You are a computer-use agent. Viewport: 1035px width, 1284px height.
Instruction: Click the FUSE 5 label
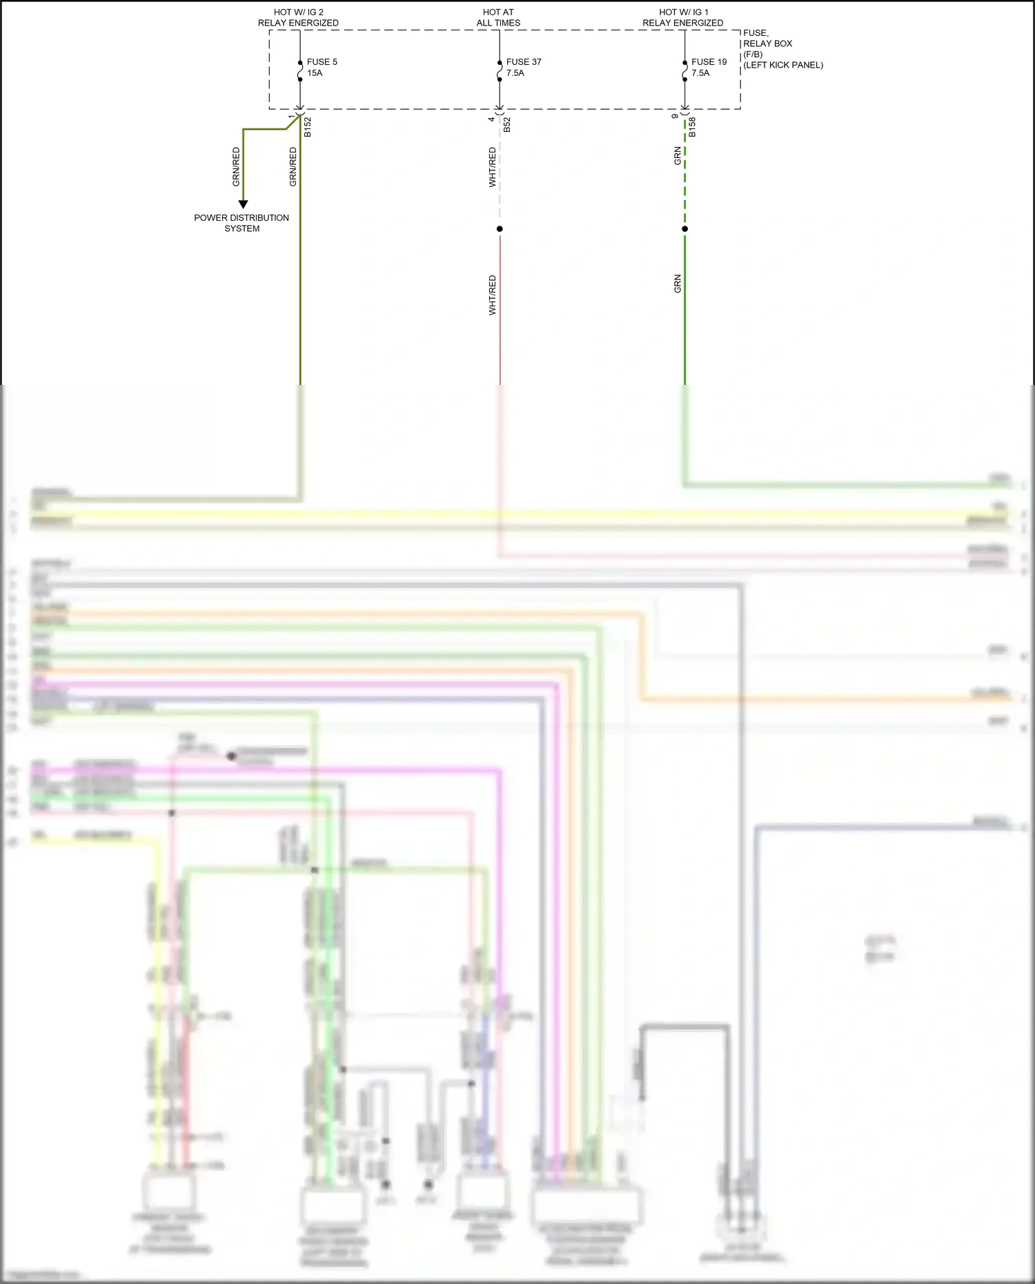(322, 62)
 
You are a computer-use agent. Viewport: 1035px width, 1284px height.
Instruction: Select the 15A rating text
(315, 73)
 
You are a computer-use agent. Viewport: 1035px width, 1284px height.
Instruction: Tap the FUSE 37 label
(524, 62)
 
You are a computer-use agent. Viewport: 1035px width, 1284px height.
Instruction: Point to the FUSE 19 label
(709, 62)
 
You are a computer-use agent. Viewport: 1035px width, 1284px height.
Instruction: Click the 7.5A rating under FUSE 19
(700, 73)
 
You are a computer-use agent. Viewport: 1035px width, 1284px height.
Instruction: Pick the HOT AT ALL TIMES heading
(498, 17)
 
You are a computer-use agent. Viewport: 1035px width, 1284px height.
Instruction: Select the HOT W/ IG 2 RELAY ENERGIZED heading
(298, 17)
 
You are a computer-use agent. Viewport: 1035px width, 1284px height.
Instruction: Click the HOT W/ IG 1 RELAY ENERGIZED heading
(683, 17)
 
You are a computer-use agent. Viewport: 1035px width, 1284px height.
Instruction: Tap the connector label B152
(308, 127)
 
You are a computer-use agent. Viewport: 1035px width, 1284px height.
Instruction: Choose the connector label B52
(507, 125)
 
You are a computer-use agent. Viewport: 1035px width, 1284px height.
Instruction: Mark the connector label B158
(692, 127)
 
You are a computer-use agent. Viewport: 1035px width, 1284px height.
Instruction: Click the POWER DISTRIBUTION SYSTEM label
(241, 223)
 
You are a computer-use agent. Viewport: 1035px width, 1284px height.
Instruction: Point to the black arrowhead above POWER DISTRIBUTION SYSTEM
(243, 204)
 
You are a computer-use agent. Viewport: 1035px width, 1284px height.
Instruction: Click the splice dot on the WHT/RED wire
(500, 229)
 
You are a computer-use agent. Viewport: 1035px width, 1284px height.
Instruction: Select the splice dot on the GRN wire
(684, 229)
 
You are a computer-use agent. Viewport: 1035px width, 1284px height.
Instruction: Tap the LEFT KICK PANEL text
(783, 66)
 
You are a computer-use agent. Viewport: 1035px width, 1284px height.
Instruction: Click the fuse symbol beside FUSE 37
(500, 71)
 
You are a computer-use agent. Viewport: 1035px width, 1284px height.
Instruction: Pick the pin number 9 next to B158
(676, 116)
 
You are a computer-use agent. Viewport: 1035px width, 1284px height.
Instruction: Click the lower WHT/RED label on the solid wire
(493, 295)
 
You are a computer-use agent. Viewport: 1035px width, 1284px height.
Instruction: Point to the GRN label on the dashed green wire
(678, 156)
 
